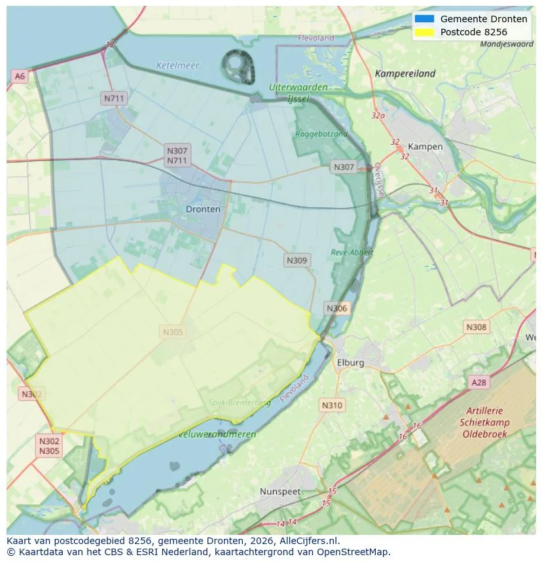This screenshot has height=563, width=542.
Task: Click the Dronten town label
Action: click(x=203, y=209)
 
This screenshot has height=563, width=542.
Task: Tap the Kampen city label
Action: click(x=425, y=146)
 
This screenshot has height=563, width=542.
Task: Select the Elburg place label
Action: click(x=350, y=362)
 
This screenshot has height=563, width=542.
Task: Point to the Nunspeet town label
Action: click(x=280, y=491)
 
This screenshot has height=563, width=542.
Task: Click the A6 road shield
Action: click(x=20, y=77)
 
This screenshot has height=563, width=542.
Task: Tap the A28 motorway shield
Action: click(x=479, y=383)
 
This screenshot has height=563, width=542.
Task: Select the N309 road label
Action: click(x=297, y=260)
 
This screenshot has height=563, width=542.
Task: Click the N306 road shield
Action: click(x=337, y=308)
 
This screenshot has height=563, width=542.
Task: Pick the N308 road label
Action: click(x=476, y=327)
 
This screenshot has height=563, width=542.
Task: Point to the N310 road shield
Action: click(x=332, y=405)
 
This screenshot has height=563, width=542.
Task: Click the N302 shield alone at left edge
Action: click(x=31, y=394)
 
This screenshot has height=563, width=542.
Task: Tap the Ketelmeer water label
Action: click(x=177, y=65)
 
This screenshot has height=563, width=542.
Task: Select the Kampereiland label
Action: click(x=405, y=74)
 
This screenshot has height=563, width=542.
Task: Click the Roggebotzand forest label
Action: click(x=321, y=134)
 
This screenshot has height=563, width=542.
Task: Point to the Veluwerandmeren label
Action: click(x=217, y=434)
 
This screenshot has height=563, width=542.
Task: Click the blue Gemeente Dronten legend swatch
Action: click(x=424, y=19)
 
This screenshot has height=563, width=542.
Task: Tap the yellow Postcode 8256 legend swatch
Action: click(x=424, y=32)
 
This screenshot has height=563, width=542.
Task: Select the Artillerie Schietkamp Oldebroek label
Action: click(x=484, y=422)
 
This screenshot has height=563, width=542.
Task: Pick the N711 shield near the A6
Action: click(x=114, y=98)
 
